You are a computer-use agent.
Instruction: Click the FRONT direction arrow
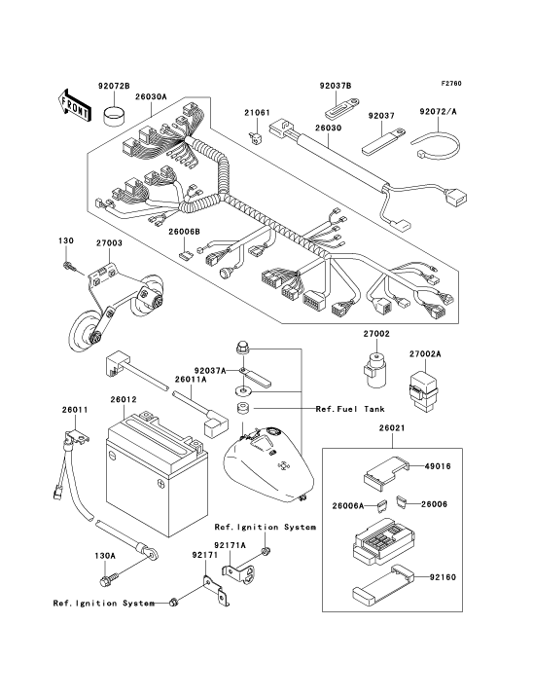tap(74, 105)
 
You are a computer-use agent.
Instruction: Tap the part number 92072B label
tap(114, 86)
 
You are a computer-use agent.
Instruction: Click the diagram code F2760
tap(451, 84)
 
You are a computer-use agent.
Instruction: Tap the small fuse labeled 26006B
tap(185, 255)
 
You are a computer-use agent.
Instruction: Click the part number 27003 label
tap(110, 243)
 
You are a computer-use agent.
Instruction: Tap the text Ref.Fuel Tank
tap(350, 409)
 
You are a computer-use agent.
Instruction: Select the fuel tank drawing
tap(268, 464)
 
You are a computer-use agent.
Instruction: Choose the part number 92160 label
tap(444, 577)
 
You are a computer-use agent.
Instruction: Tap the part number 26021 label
tap(392, 428)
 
